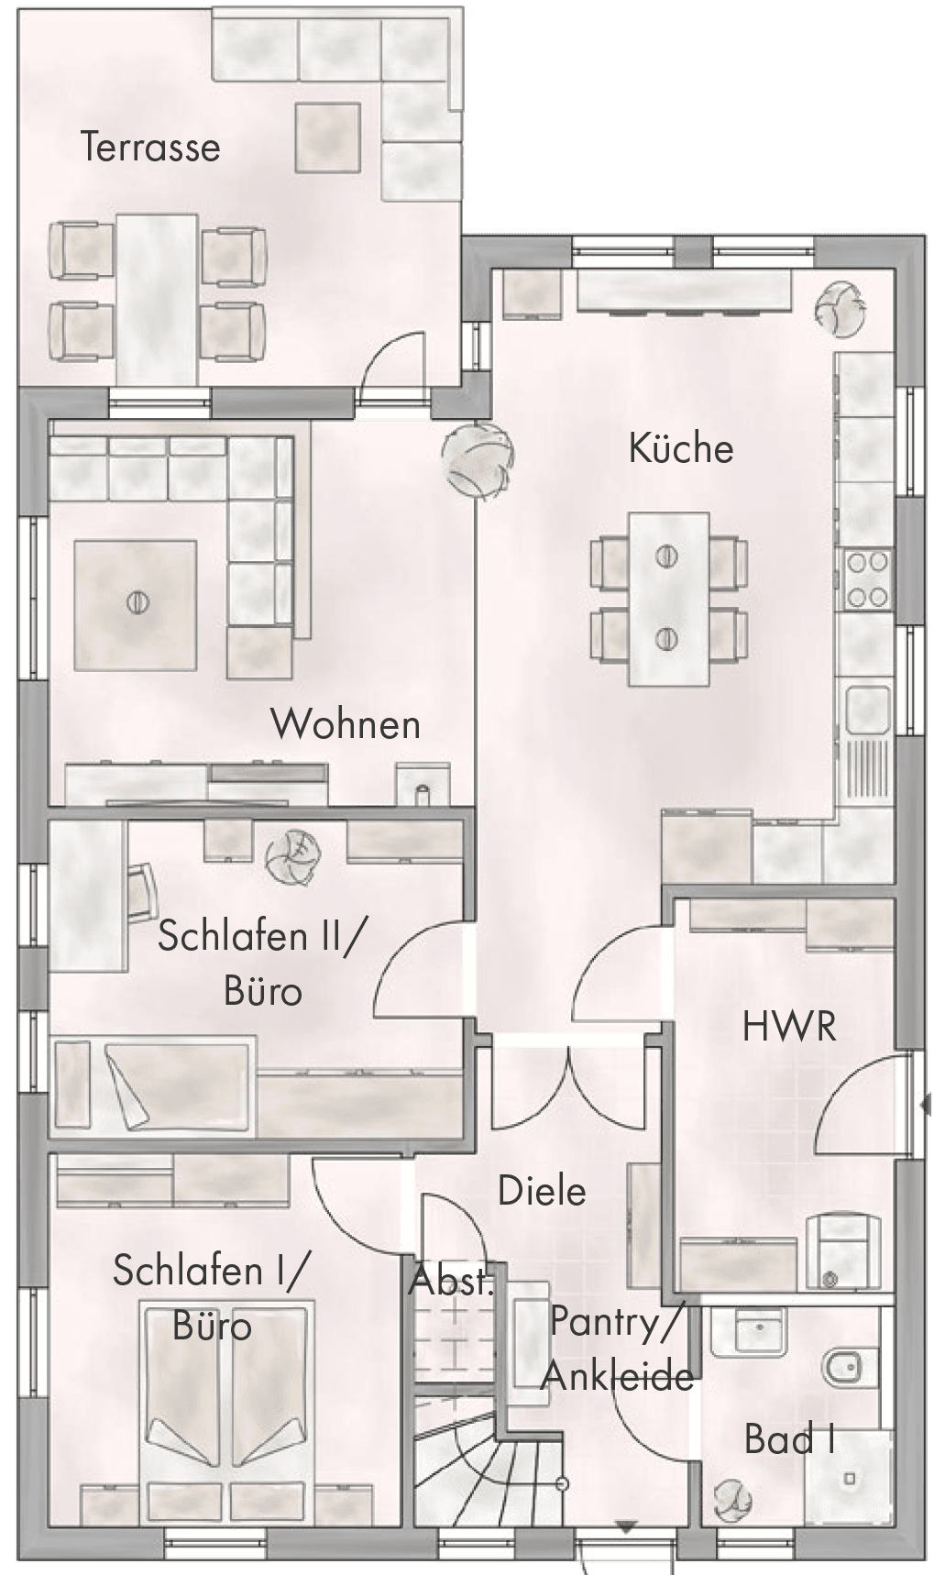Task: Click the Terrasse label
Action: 150,147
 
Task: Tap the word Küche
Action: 681,448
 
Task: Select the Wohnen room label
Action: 346,724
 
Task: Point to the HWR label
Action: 789,1027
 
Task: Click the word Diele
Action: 542,1191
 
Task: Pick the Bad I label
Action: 789,1438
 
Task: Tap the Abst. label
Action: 452,1280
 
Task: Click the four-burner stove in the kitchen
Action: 867,578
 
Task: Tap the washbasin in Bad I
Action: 749,1330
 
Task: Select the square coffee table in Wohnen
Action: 136,604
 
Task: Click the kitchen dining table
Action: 668,599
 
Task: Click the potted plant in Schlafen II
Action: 292,854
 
